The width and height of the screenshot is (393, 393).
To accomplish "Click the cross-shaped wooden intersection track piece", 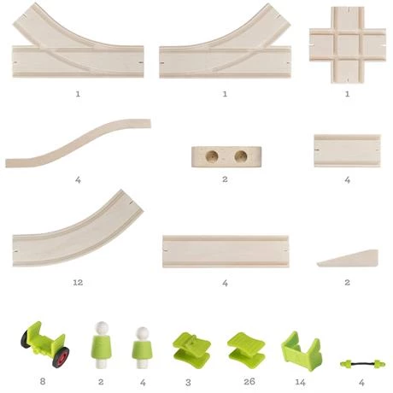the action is click(348, 45).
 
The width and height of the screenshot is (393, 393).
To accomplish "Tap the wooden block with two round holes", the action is click(226, 156).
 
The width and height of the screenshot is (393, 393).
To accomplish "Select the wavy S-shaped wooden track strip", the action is click(79, 143).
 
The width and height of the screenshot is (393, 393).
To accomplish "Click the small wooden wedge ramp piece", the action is click(348, 258).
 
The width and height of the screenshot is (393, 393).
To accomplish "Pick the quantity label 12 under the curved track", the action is click(78, 283).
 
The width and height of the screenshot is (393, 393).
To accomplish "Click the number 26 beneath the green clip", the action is click(249, 382).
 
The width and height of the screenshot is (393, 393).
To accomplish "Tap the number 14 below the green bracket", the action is click(300, 382).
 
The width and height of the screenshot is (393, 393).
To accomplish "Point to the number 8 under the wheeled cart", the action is click(43, 381).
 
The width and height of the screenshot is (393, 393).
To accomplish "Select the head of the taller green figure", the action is click(102, 328).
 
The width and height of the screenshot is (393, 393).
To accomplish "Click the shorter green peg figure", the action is click(143, 348).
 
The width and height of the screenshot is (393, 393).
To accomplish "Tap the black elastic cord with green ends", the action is click(362, 364).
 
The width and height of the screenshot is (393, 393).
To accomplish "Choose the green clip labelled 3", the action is click(191, 350).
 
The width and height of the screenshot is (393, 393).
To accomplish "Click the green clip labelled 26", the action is click(246, 350).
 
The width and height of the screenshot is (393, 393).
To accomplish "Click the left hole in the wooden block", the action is click(212, 156).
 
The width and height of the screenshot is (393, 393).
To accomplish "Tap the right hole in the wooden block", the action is click(241, 156).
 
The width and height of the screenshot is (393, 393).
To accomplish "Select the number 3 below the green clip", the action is click(188, 383).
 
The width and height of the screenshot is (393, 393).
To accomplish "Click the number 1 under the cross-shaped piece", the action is click(347, 94).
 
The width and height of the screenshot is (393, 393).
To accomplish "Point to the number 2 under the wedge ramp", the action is click(347, 283).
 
